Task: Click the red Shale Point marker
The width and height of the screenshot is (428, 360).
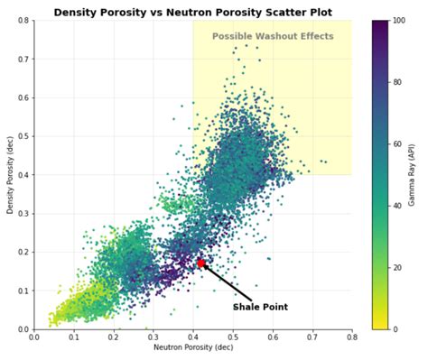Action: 200,263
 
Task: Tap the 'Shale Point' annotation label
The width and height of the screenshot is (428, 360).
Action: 260,307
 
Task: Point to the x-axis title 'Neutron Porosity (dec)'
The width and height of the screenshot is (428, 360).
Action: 192,347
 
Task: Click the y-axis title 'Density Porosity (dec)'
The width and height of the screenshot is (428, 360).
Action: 10,175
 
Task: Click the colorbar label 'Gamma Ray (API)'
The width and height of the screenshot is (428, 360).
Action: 413,175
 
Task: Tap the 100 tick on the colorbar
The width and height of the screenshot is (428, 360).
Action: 397,20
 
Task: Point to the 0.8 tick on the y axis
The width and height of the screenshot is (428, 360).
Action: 23,20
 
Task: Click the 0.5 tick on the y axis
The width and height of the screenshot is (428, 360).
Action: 23,136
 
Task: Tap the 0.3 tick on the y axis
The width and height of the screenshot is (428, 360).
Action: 23,214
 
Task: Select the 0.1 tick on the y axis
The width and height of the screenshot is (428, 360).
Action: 23,291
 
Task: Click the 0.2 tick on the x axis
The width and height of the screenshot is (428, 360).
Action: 113,337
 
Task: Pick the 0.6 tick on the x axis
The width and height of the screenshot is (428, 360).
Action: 272,337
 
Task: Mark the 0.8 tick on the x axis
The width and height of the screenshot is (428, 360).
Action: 351,337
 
